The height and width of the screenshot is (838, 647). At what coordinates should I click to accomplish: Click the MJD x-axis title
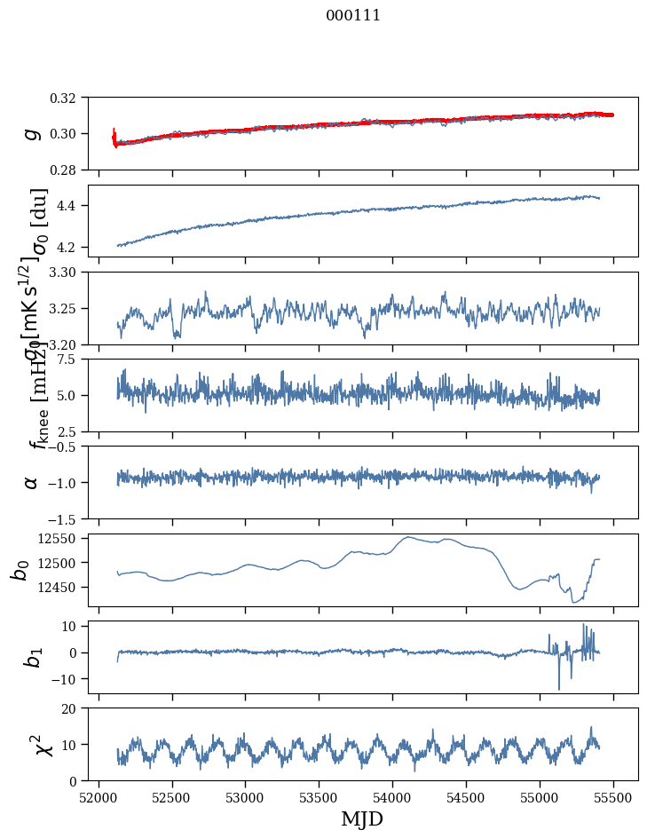362,818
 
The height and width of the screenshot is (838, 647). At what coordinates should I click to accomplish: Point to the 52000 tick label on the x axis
99,796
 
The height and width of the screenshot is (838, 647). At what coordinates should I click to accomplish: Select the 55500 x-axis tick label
613,796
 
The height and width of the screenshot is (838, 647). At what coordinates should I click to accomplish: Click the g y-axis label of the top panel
32,133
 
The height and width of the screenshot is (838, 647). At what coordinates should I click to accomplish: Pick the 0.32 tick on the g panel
68,98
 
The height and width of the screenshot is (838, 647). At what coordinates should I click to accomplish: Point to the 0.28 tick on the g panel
68,170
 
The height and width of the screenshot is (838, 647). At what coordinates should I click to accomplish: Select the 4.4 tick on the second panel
74,206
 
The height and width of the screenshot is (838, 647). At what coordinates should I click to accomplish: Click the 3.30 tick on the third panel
68,272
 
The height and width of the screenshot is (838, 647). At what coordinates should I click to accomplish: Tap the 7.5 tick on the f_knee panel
74,359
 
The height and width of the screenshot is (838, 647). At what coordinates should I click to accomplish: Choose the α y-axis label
32,482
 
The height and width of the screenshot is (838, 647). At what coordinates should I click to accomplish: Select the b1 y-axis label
32,657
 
